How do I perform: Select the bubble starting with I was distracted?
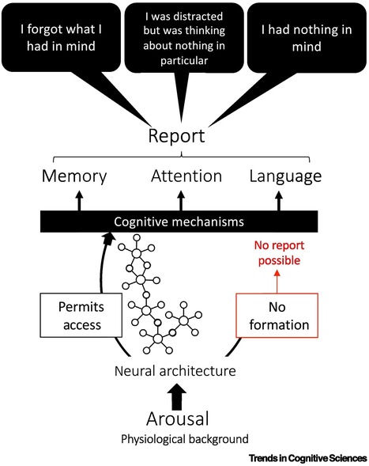pos(184,36)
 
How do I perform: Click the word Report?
pos(177,136)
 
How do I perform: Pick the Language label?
pos(284,176)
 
